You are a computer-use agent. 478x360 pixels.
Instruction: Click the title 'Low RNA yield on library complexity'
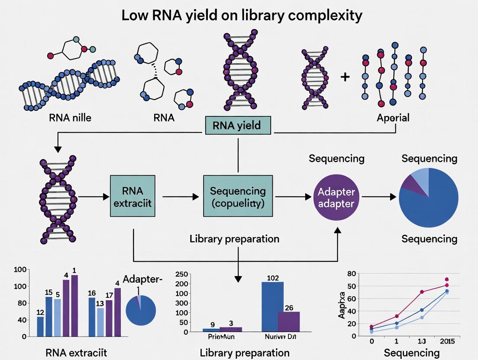tap(242, 16)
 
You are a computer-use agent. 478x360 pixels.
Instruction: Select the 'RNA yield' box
tap(237, 125)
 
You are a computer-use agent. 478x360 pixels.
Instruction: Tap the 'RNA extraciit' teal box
tap(132, 196)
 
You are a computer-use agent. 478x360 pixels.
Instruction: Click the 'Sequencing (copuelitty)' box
tap(238, 196)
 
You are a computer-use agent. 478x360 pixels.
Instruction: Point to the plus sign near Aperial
tap(345, 77)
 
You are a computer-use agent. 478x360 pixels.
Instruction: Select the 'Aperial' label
tap(393, 117)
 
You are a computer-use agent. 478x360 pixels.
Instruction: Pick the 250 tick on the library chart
tap(181, 274)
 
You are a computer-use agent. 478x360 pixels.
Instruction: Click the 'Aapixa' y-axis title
tap(342, 305)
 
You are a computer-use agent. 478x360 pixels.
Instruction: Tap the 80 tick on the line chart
tap(351, 274)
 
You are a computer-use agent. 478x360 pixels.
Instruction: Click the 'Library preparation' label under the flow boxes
tap(234, 239)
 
